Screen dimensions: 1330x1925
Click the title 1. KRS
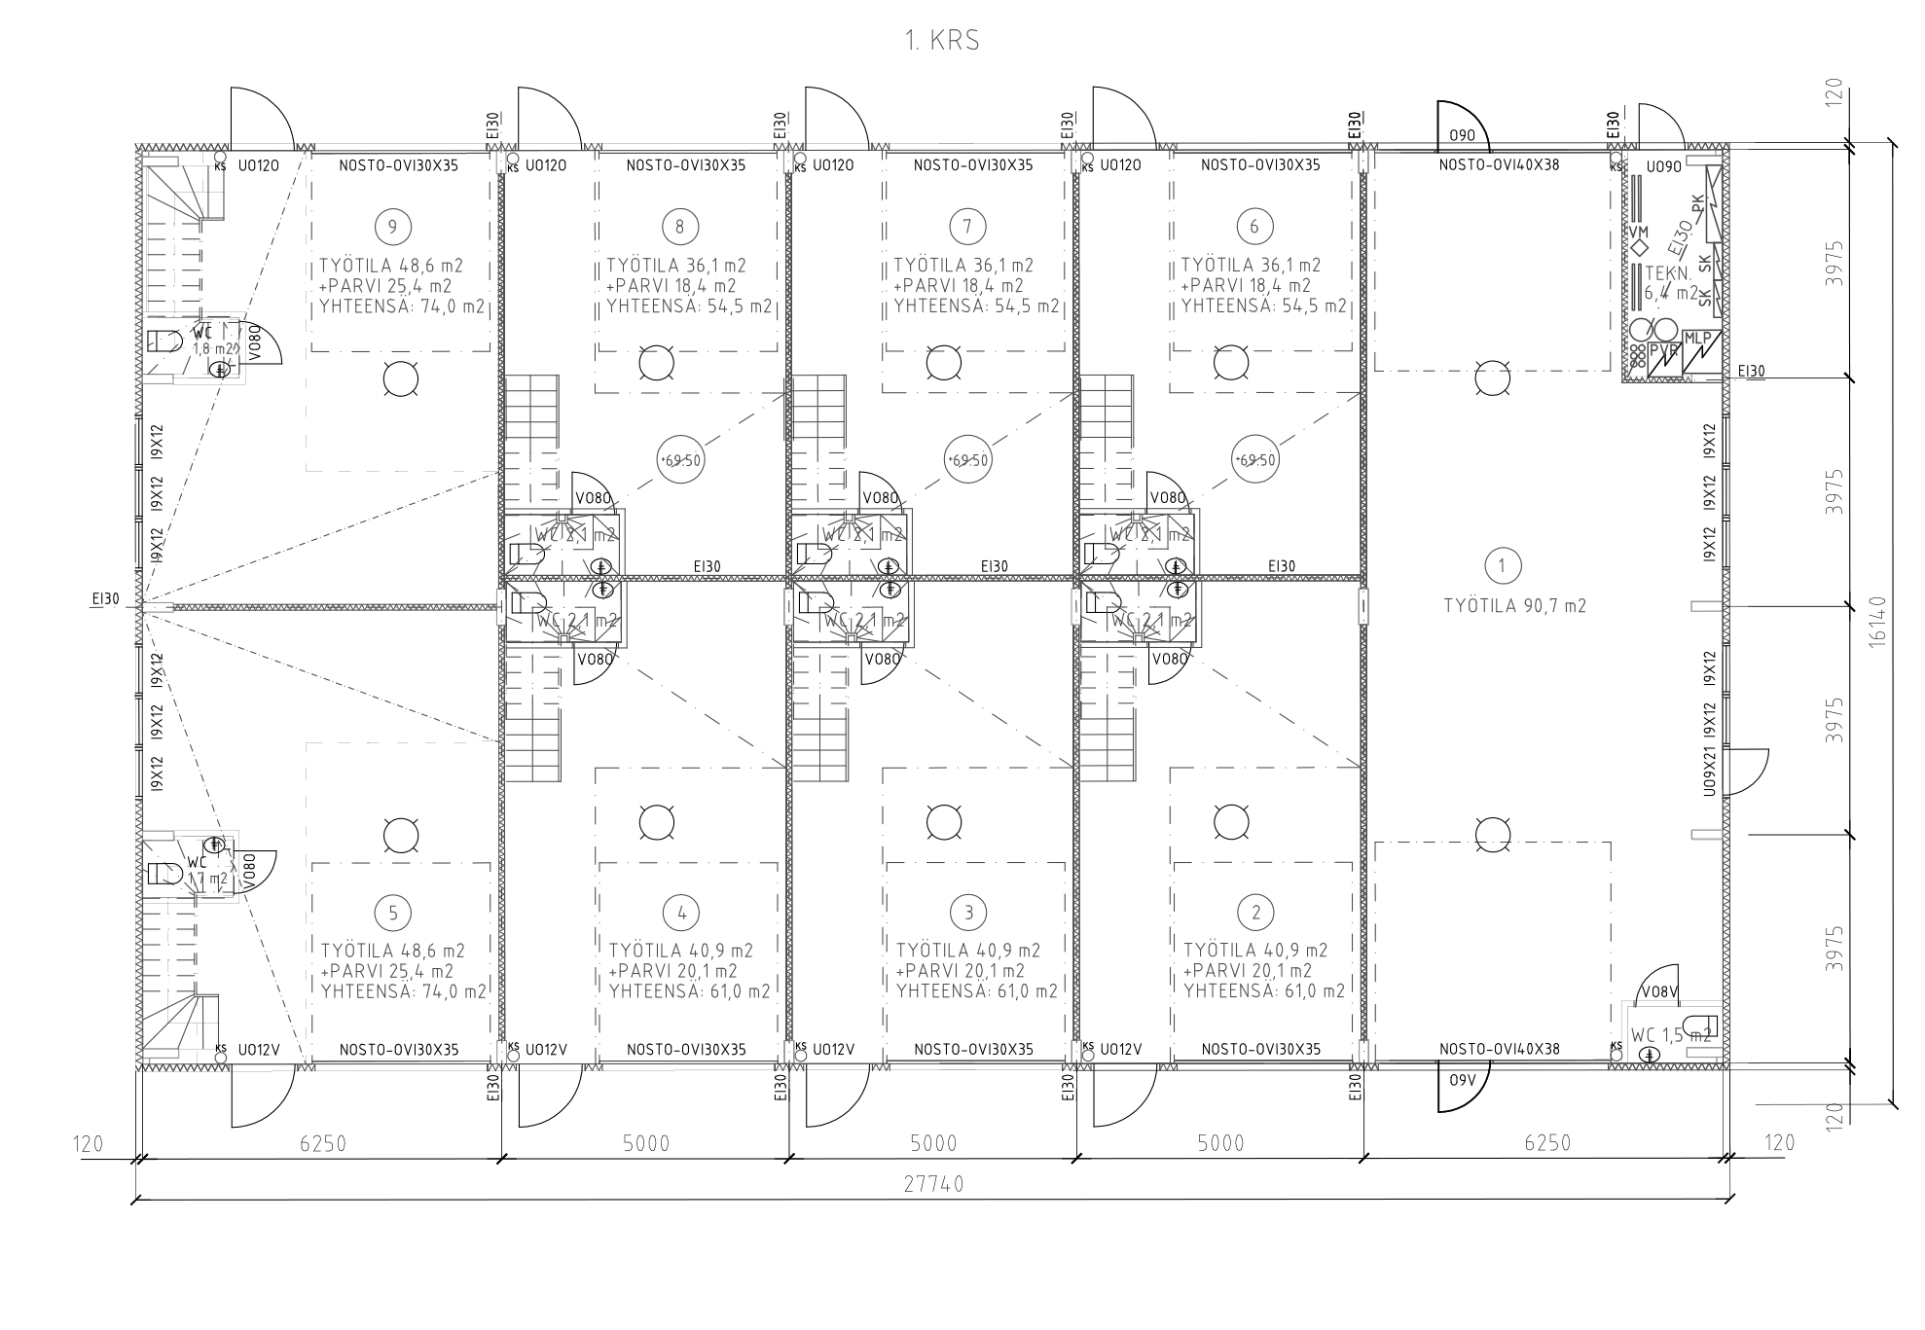tap(941, 41)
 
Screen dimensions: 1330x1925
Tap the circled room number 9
tap(392, 227)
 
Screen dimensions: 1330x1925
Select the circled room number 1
tap(1502, 565)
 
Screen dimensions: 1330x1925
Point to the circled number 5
tap(393, 913)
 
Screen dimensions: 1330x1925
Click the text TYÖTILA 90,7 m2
tap(1514, 606)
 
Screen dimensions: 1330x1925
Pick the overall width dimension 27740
tap(933, 1184)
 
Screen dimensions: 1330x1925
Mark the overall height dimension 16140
tap(1877, 621)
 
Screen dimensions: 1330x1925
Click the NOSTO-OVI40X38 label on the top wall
tap(1499, 165)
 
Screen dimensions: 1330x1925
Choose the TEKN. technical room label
tap(1666, 275)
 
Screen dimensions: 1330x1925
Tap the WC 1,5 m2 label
tap(1671, 1035)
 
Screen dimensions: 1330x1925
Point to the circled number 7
tap(966, 227)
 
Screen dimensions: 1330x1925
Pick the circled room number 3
tap(967, 913)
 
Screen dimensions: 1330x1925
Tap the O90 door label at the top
tap(1462, 135)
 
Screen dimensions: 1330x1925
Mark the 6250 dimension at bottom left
tap(323, 1143)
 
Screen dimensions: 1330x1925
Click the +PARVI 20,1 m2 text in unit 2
tap(1248, 971)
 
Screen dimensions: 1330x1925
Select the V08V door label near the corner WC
tap(1659, 991)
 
